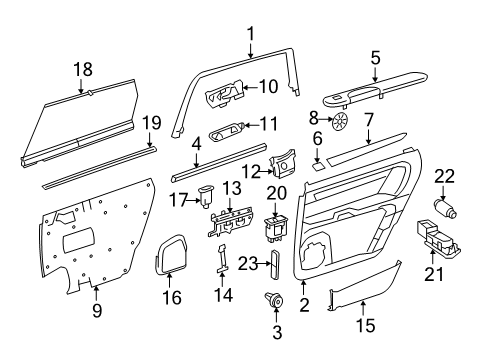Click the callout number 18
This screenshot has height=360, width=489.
coord(82,69)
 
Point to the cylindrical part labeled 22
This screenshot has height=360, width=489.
coord(444,208)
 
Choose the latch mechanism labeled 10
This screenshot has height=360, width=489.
coord(225,98)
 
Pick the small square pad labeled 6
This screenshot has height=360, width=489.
coord(317,158)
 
